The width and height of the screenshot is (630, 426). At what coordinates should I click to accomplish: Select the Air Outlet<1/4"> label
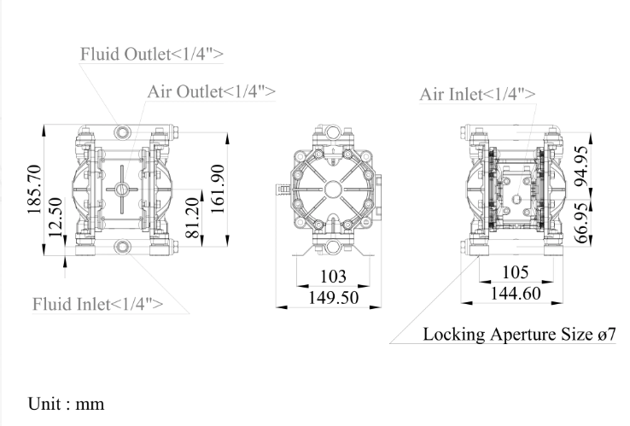point(211,90)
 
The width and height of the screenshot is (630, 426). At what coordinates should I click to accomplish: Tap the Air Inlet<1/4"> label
point(478,93)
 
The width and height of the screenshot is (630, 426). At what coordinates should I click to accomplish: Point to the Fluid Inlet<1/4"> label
point(97,303)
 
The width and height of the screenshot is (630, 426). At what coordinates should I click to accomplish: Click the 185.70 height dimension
point(34,192)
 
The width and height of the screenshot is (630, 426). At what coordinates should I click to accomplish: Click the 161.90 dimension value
point(219,192)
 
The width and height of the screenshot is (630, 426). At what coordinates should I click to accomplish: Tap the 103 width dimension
point(332,277)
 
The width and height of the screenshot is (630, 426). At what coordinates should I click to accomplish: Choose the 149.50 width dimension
point(332,297)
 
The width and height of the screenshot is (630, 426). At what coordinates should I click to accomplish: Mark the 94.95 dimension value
point(580,166)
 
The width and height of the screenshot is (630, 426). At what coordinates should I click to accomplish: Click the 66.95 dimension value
point(580,224)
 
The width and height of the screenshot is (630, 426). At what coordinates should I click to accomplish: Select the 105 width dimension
point(514,272)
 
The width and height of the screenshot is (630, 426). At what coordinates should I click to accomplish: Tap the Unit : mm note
point(67,402)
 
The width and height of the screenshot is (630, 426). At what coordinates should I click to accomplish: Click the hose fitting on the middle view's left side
point(281,187)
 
